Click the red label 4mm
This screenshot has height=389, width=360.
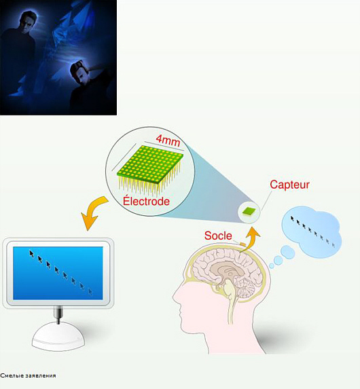pos(168,141)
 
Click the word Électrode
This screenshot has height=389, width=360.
pos(146,201)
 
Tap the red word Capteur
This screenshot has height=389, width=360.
pos(289,185)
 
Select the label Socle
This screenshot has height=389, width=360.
pos(218,236)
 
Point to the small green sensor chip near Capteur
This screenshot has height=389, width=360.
pos(249,211)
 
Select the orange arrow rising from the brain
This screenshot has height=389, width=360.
pos(251,240)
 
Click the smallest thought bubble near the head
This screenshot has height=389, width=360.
pos(272,265)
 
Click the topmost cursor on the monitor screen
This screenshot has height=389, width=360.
pos(31,253)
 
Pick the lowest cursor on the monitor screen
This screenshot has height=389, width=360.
pos(90,291)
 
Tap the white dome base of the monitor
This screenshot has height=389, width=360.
pos(58,337)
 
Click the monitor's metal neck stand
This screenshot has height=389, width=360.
pos(58,314)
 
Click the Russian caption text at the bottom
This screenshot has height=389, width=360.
pos(28,375)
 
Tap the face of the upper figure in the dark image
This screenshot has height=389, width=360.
pos(28,23)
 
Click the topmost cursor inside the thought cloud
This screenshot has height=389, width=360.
pos(293,219)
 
